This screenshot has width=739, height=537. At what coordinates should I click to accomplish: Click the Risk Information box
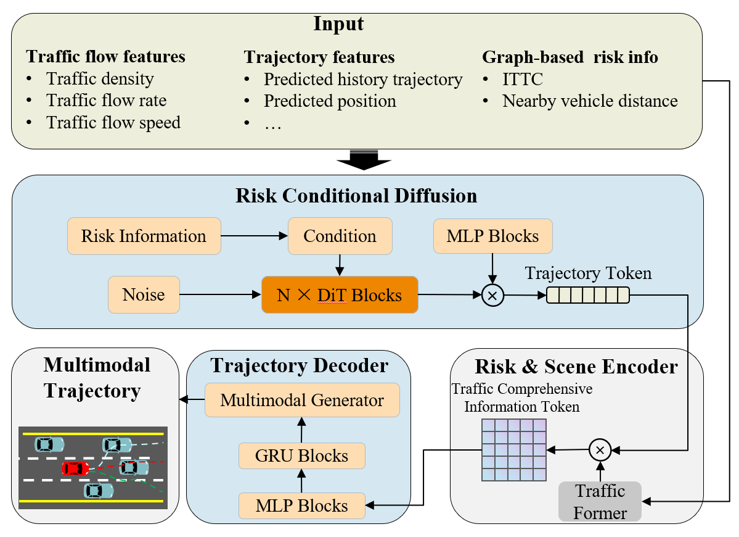(144, 236)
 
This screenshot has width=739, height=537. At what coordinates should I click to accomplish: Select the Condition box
(340, 236)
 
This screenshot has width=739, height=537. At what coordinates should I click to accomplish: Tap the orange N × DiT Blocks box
(340, 295)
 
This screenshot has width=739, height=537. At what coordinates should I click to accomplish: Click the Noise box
(144, 294)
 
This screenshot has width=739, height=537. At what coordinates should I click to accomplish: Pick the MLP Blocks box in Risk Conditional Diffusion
(492, 236)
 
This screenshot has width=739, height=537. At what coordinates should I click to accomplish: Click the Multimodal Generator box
(302, 400)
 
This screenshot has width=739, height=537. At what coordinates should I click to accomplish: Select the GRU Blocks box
(301, 456)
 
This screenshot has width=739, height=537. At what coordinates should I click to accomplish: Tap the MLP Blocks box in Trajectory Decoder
(301, 506)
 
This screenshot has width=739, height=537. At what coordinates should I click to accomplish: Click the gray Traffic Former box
(600, 502)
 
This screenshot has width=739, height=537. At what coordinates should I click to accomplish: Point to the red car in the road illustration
(75, 468)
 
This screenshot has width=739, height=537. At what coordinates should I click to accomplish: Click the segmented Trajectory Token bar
(588, 296)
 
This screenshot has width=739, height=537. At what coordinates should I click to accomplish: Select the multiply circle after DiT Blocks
(493, 296)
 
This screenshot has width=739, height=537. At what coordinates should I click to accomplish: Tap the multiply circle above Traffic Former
(600, 450)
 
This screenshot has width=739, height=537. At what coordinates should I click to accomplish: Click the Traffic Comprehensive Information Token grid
(513, 450)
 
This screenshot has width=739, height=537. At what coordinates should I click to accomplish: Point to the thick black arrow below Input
(364, 160)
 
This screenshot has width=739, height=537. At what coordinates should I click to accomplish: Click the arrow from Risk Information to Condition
(255, 236)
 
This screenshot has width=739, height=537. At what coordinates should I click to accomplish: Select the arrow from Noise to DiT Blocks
(221, 294)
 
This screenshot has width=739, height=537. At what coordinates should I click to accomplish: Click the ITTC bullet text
(523, 79)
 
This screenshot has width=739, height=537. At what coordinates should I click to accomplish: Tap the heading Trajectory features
(319, 57)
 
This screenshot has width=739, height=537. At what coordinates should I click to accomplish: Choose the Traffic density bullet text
(100, 79)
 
